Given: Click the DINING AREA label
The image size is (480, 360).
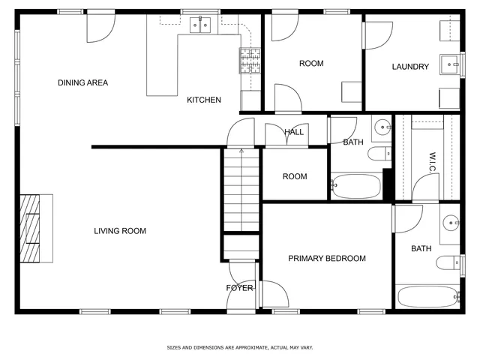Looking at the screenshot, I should click(82, 82).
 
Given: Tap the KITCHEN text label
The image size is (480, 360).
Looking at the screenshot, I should click(203, 100).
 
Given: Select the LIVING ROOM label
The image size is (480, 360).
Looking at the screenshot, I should click(120, 231).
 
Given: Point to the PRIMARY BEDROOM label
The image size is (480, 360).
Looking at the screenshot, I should click(327, 259).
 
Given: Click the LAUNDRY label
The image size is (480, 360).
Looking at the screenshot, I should click(410, 67).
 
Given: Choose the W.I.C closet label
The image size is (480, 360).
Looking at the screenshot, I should click(433, 163).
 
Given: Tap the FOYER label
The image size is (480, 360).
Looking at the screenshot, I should click(241, 288).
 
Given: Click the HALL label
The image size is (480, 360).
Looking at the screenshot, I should click(293, 133).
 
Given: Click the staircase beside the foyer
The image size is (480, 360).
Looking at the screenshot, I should click(241, 191).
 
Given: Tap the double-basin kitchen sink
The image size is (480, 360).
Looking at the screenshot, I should click(200, 26).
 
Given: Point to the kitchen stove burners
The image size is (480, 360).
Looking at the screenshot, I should click(249, 60).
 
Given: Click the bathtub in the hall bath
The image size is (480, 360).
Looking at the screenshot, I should click(356, 186).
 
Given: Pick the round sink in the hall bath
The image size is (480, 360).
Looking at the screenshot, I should click(382, 126).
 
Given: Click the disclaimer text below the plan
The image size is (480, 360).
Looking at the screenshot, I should click(239, 347).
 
